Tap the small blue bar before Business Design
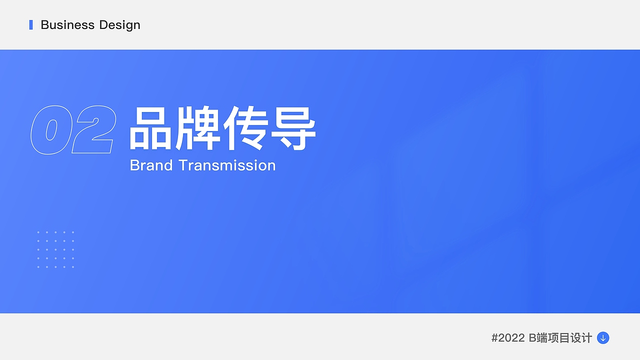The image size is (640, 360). (31, 24)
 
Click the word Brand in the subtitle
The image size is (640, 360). (151, 165)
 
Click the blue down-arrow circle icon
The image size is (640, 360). (603, 338)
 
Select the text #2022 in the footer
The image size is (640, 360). (508, 338)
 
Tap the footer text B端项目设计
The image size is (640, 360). (560, 338)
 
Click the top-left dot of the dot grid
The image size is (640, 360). (38, 232)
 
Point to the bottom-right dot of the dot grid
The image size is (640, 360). (73, 267)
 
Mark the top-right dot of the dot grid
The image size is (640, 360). (73, 232)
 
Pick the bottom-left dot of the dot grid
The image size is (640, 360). (38, 267)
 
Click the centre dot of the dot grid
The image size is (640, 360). (55, 249)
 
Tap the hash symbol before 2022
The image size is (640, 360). (495, 338)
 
